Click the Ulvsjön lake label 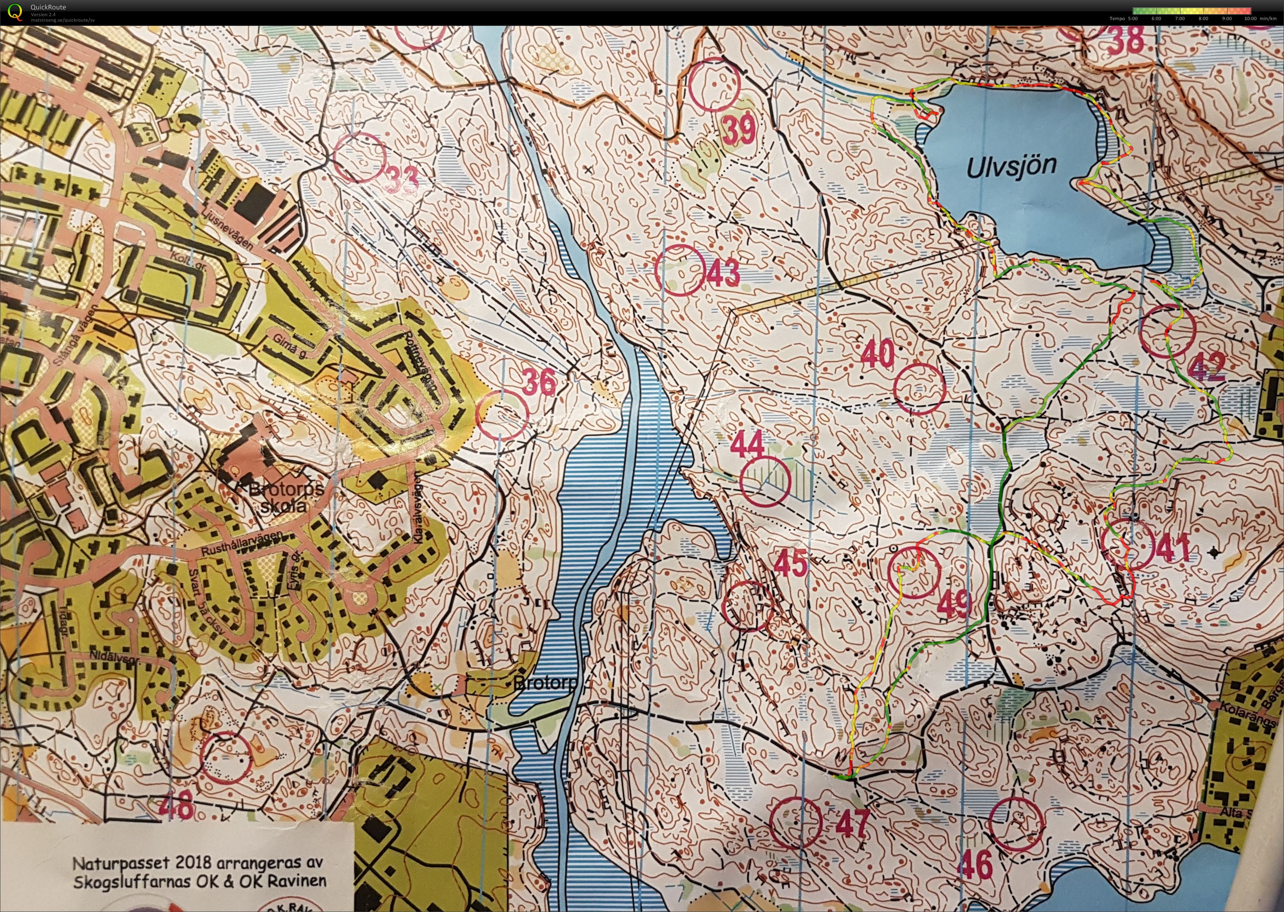[1008, 167]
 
